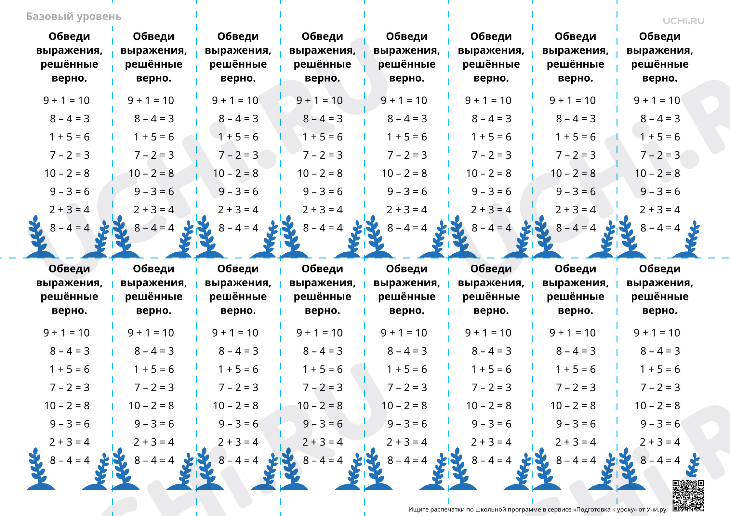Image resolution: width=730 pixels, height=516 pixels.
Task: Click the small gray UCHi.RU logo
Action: [x=684, y=21]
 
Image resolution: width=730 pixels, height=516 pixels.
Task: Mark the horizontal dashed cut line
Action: [x=365, y=258]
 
